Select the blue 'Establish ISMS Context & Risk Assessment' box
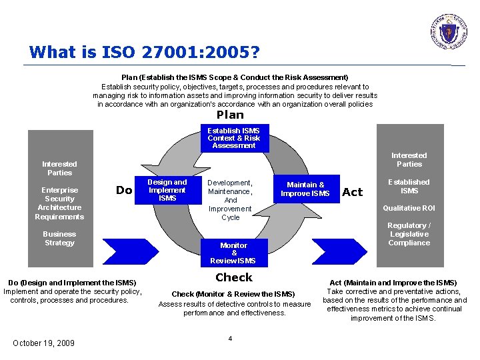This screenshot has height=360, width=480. [233, 138]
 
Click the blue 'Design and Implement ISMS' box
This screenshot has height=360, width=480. [167, 190]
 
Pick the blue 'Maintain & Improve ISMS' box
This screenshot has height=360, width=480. [305, 189]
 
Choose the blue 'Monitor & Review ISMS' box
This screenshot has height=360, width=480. [233, 253]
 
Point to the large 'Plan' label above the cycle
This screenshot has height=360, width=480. [230, 115]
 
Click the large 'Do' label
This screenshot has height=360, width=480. [124, 191]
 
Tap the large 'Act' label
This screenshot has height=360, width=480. [352, 192]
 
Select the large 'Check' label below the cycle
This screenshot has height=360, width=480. [233, 277]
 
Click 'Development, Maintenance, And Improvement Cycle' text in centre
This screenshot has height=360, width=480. [230, 200]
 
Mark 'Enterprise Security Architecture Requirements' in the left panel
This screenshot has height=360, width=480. [59, 203]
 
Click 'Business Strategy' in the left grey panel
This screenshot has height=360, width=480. [59, 239]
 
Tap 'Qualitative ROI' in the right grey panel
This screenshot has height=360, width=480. [409, 208]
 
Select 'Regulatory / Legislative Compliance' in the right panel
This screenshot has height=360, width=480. [409, 234]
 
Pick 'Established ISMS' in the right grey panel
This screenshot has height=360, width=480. [409, 186]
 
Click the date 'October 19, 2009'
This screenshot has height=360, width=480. [44, 343]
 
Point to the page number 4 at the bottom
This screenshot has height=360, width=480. [230, 339]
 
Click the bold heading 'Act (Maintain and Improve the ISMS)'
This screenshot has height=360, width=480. [393, 283]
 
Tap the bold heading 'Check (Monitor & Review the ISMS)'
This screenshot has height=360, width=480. [233, 294]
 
